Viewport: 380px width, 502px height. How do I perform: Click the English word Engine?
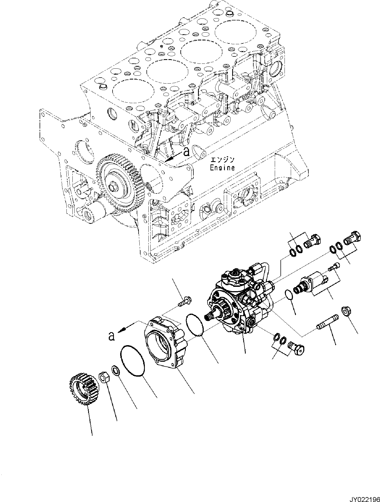click(x=222, y=168)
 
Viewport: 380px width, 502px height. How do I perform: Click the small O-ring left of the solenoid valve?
click(x=290, y=294)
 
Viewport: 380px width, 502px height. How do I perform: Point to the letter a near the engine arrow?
click(x=187, y=152)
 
